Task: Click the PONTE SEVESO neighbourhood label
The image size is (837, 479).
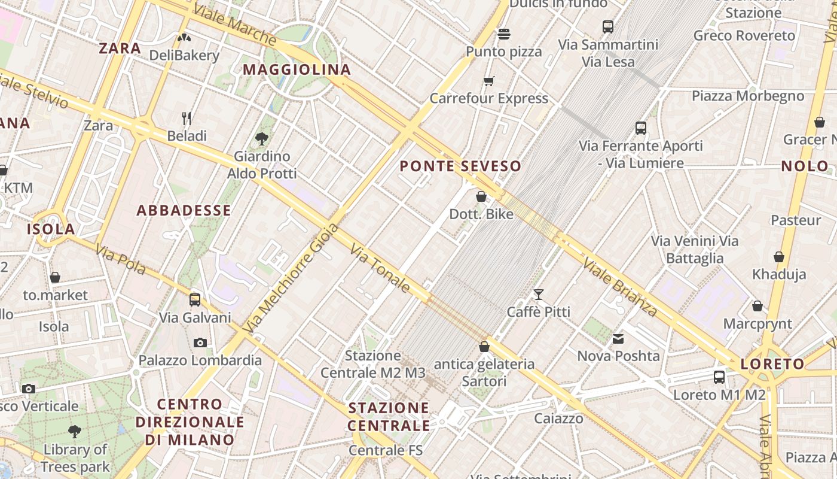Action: coord(460,166)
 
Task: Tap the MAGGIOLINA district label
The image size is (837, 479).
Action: coord(297,69)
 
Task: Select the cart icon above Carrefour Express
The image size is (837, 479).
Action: coord(489,81)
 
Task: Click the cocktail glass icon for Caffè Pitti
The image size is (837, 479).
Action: coord(539,294)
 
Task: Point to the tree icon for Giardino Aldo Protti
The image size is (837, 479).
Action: coord(261,139)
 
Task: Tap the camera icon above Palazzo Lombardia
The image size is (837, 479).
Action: coord(200,342)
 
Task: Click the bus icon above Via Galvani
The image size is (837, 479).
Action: coord(195,299)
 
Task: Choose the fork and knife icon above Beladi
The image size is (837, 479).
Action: coord(187,118)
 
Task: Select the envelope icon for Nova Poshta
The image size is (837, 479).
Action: coord(618,339)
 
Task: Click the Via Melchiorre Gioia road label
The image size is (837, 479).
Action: coord(292,278)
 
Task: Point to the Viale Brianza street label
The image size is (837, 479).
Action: coord(620,287)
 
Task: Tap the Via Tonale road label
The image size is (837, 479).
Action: coord(380,268)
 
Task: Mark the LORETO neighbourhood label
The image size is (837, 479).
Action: coord(772,364)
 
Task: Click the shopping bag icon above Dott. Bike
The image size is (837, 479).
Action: coord(481,196)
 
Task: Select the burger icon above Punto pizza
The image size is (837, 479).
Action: coord(504,34)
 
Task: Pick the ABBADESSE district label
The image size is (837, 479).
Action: coord(184,210)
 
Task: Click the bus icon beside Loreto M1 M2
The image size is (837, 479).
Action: coord(719,377)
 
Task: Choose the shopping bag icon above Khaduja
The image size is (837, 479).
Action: coord(779,257)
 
